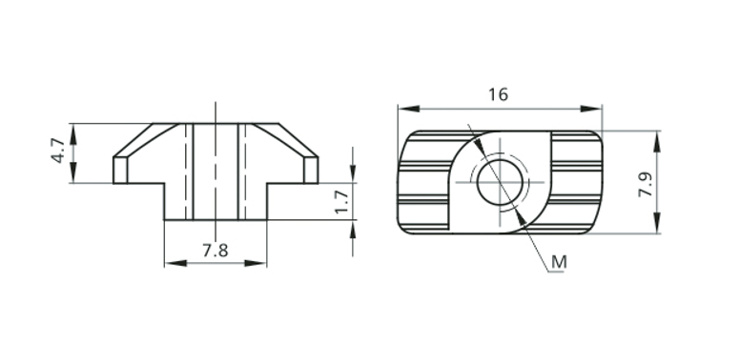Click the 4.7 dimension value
pyautogui.click(x=57, y=151)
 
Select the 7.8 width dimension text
pyautogui.click(x=216, y=251)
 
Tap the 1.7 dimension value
pyautogui.click(x=341, y=202)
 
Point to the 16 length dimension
pyautogui.click(x=498, y=94)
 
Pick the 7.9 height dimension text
pyautogui.click(x=646, y=184)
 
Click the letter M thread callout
pyautogui.click(x=559, y=262)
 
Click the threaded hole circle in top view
pyautogui.click(x=500, y=182)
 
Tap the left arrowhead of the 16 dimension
pyautogui.click(x=409, y=109)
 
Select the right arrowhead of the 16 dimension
pyautogui.click(x=591, y=109)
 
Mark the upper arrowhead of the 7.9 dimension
pyautogui.click(x=657, y=141)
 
